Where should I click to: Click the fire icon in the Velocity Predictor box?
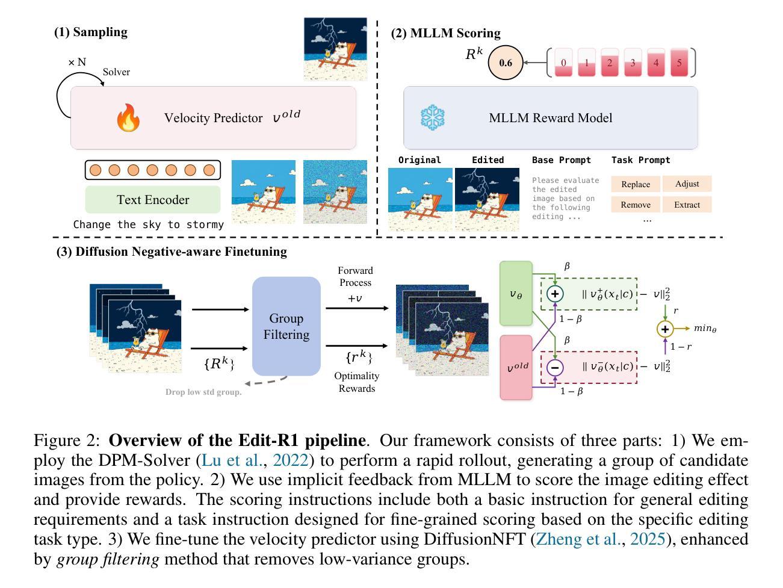click(x=128, y=118)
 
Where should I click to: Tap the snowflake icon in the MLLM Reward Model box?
click(x=432, y=117)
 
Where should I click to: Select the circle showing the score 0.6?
click(x=506, y=63)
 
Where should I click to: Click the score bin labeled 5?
click(x=679, y=63)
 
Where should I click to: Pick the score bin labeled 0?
click(x=563, y=63)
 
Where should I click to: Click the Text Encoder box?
click(x=153, y=200)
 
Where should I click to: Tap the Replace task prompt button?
click(x=636, y=184)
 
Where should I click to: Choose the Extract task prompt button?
click(x=687, y=205)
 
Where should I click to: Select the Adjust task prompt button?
click(x=687, y=184)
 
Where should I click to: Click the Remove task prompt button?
click(x=636, y=205)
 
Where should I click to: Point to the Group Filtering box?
click(x=286, y=326)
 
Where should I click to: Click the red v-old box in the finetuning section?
click(x=516, y=367)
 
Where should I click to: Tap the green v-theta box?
click(x=516, y=294)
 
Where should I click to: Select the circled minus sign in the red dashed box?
click(x=555, y=367)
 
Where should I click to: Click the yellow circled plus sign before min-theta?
click(x=664, y=329)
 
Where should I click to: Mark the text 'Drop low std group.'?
click(x=203, y=392)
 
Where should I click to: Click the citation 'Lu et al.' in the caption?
click(x=232, y=460)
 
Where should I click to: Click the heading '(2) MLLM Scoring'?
click(x=445, y=33)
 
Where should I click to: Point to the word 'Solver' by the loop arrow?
click(x=116, y=72)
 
